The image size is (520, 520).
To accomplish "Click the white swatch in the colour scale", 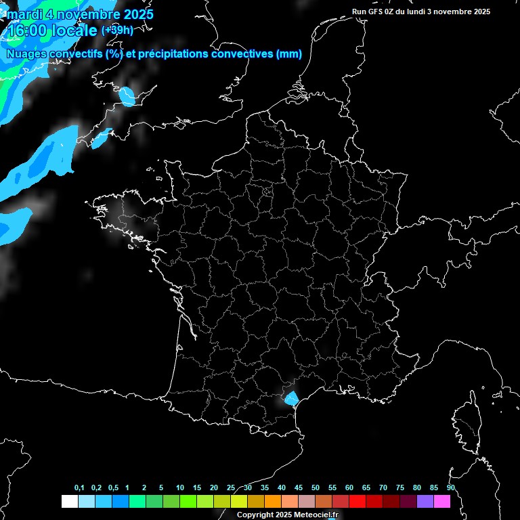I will [69, 501].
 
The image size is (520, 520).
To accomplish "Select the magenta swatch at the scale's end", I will [442, 501].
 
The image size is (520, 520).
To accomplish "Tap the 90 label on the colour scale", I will [451, 488].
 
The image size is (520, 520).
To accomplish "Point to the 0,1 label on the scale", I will [79, 488].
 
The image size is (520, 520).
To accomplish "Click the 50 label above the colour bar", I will [316, 488].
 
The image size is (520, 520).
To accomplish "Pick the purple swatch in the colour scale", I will [425, 501].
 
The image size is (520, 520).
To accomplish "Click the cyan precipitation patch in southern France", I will [291, 398].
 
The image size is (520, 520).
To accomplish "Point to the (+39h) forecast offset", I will [117, 30].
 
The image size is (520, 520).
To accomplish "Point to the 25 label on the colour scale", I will [231, 488].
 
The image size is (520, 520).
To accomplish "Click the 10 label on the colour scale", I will [179, 488].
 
